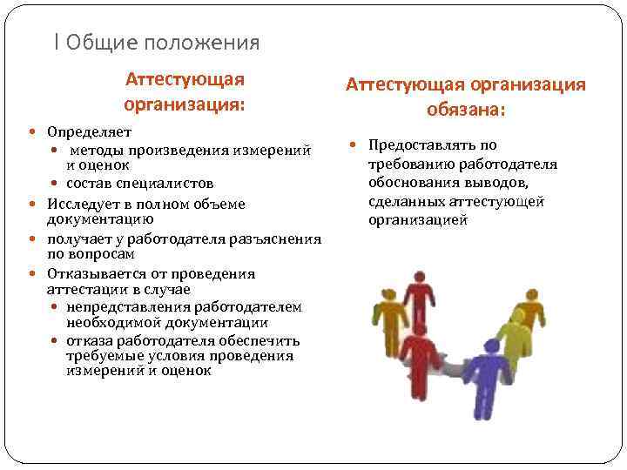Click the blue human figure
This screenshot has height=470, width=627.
click(x=493, y=383)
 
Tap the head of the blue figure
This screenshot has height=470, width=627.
click(x=493, y=348)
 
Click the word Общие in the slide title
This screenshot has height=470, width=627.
click(x=101, y=42)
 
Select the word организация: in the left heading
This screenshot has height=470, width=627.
click(x=184, y=105)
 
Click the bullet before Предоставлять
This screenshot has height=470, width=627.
click(x=354, y=145)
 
